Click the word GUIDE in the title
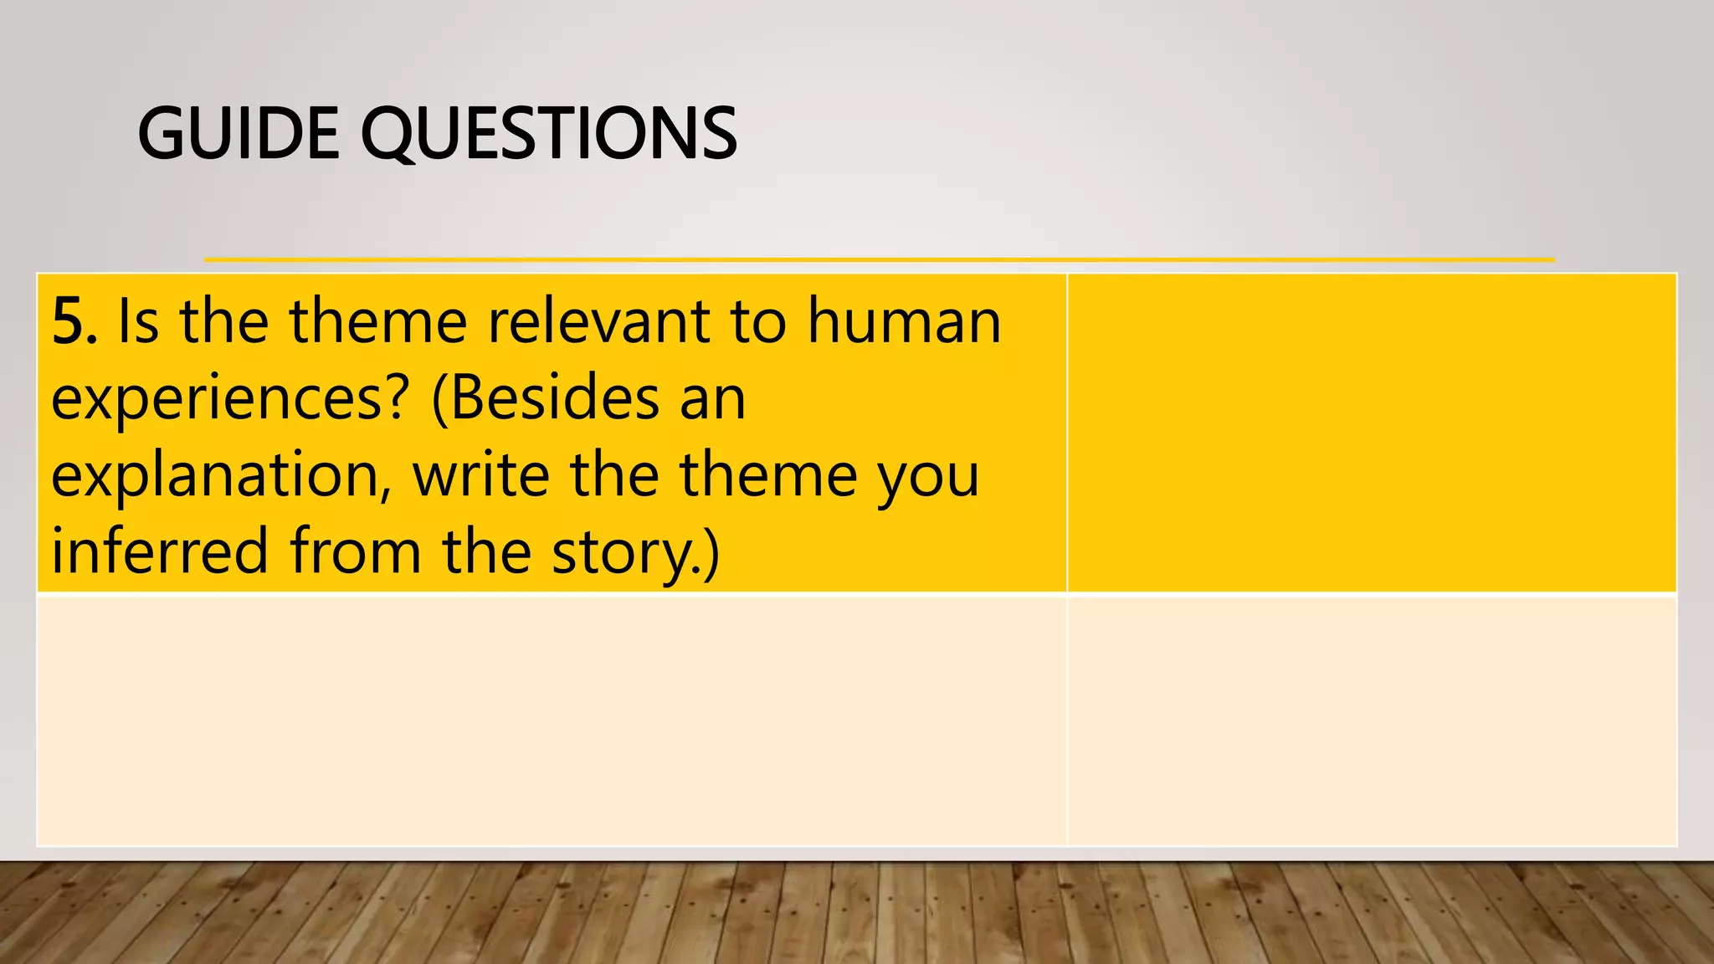239,134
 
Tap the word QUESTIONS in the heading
548,134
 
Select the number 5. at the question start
74,322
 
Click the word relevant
598,322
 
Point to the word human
904,322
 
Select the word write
481,474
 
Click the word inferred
160,552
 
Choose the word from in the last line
356,552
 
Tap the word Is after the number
138,322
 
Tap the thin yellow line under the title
879,260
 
